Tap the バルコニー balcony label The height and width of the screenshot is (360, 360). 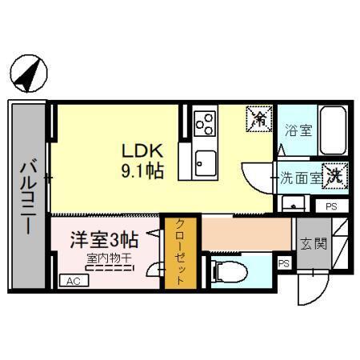(27, 197)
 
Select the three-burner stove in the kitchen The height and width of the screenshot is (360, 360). (205, 123)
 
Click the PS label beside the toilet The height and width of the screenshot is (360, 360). (283, 262)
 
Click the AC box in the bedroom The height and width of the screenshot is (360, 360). (73, 281)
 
